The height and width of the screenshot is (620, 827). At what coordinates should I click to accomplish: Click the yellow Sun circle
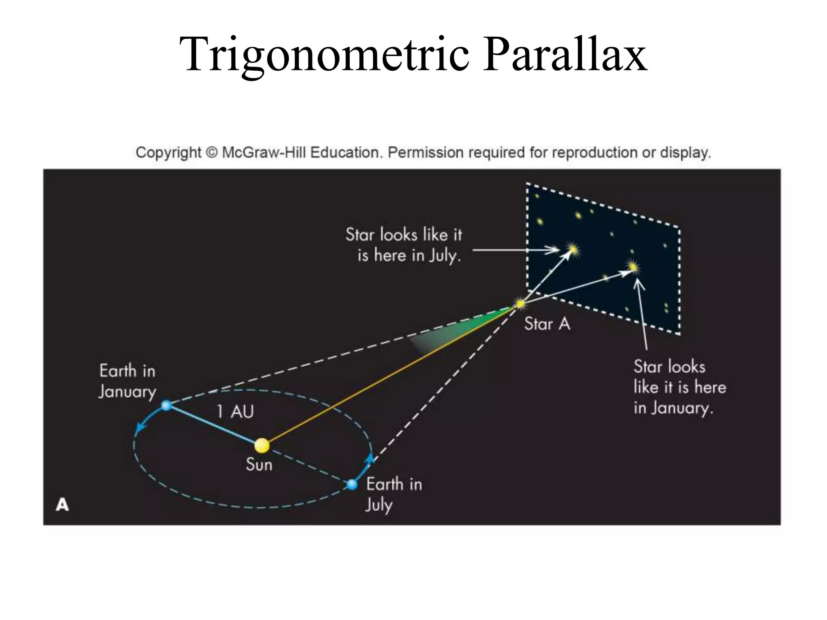(262, 445)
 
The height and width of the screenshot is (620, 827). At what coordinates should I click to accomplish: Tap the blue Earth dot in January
(166, 405)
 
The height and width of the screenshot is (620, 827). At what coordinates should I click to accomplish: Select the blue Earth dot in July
(352, 484)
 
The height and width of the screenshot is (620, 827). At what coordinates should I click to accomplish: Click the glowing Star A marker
(520, 303)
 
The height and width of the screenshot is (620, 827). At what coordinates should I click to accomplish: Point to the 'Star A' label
(547, 324)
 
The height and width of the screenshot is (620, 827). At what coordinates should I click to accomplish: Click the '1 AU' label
(235, 412)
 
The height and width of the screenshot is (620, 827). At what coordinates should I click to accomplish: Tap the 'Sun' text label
(259, 465)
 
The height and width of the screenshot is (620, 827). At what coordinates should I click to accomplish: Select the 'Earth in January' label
(127, 381)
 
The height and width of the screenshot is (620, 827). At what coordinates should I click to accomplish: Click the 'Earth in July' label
(394, 494)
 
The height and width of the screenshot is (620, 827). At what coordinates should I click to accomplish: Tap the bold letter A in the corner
(62, 505)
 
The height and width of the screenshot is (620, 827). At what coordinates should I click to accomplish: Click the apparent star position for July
(573, 249)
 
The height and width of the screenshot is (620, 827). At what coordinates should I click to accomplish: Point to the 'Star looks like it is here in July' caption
(404, 245)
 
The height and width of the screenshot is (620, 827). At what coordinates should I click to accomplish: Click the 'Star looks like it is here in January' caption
(680, 387)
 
